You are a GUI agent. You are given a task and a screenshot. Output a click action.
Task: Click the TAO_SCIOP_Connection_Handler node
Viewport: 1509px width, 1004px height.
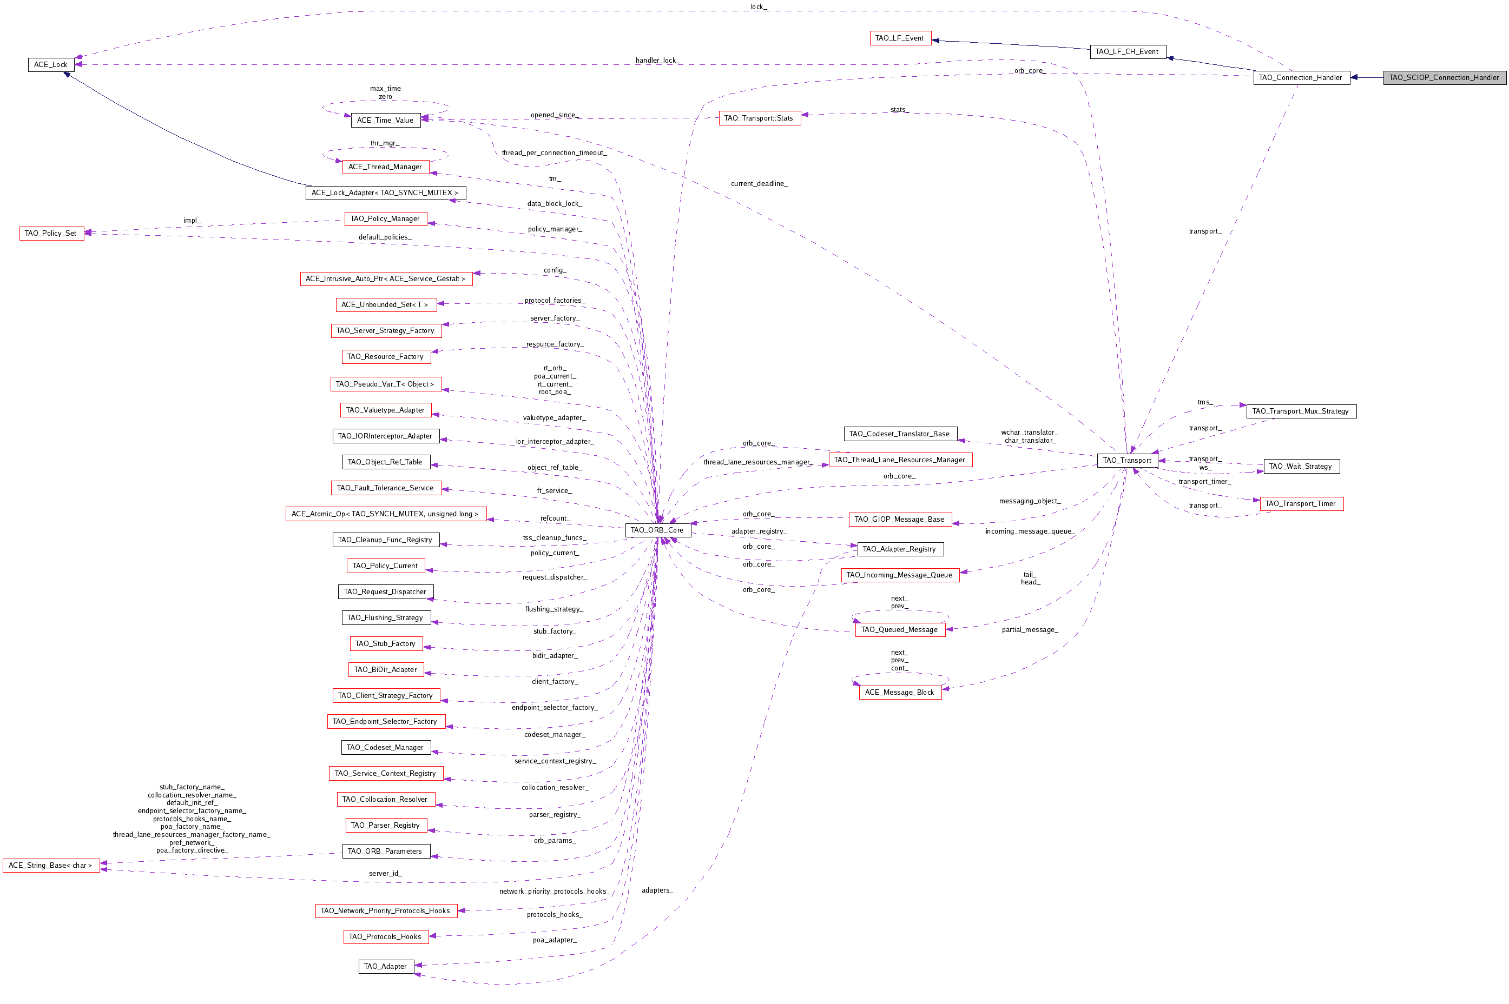click(x=1444, y=77)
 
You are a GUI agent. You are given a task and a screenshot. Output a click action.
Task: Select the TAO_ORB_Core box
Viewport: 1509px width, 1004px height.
click(x=657, y=530)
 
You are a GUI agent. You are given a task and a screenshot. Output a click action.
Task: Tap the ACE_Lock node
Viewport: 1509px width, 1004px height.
click(x=51, y=65)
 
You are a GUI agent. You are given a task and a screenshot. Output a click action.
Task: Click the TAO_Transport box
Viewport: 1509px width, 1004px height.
click(x=1127, y=461)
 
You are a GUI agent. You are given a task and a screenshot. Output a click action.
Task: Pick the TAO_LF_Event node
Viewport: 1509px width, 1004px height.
click(x=900, y=38)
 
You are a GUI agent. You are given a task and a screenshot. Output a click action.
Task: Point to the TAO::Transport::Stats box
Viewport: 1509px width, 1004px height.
click(x=759, y=118)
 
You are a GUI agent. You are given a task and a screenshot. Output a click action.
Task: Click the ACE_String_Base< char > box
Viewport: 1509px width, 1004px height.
click(x=51, y=866)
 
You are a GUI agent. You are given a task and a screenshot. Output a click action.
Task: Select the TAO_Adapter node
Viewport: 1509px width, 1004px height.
click(x=386, y=966)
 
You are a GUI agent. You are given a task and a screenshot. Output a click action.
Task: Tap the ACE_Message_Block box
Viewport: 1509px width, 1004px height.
click(x=900, y=692)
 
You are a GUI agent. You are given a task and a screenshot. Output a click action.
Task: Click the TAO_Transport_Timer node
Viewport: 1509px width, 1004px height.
click(x=1301, y=504)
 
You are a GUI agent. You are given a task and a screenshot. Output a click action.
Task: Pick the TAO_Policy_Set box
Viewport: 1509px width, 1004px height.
click(x=51, y=234)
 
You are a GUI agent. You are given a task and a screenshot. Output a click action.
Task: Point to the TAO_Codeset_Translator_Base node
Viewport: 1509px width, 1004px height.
click(x=900, y=434)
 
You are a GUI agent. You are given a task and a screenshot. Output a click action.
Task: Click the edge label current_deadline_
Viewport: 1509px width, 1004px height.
click(x=759, y=184)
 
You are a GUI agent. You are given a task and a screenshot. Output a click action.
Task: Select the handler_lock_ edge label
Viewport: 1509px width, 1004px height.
click(x=657, y=60)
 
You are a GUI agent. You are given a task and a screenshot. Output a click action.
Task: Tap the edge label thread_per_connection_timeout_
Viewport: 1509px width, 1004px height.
click(x=553, y=153)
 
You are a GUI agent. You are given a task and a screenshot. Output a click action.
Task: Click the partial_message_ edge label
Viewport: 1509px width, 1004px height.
click(x=1030, y=630)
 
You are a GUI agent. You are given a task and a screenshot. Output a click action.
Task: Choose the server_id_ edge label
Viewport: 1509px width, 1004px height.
click(x=385, y=873)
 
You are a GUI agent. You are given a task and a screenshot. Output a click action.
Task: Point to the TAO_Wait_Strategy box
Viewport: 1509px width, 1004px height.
click(x=1301, y=467)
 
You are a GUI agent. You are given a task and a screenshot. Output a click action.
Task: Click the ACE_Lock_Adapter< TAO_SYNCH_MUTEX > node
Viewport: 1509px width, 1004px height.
click(x=385, y=192)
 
